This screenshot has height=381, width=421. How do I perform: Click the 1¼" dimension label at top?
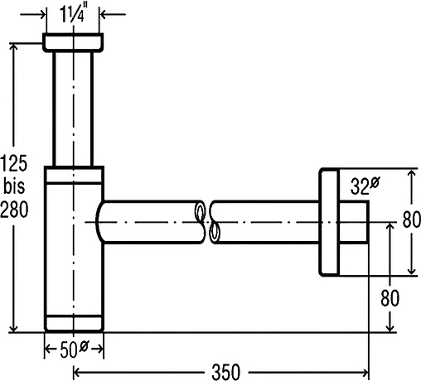click(72, 14)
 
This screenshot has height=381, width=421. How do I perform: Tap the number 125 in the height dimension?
click(14, 163)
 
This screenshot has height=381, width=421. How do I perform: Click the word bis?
click(14, 186)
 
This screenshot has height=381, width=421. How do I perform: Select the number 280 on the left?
click(14, 209)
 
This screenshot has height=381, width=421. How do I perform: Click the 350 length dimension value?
click(226, 372)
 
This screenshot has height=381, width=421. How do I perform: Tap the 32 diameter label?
click(365, 186)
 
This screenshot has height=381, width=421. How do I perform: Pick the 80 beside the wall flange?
click(411, 219)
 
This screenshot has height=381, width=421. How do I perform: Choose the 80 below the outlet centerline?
click(390, 297)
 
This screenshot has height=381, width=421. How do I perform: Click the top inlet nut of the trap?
click(73, 42)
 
